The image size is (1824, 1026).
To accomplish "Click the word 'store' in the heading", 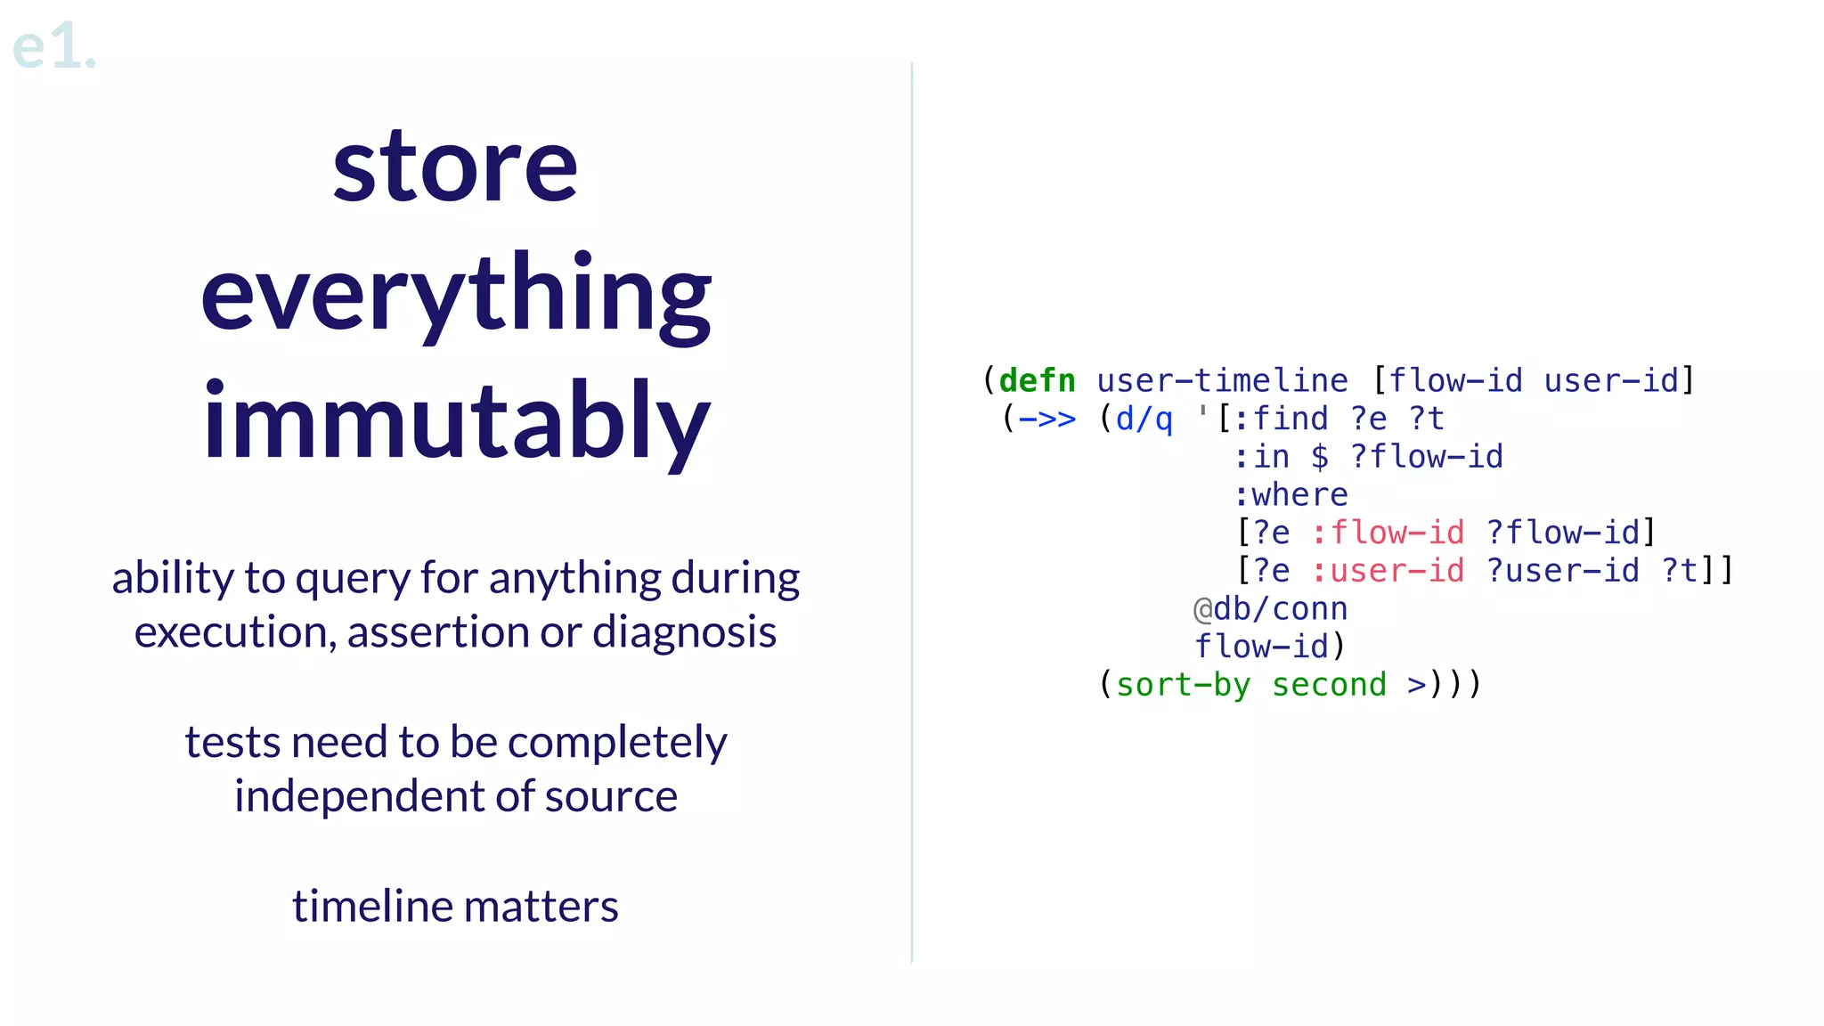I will (x=455, y=167).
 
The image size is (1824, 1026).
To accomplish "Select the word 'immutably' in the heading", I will (x=455, y=421).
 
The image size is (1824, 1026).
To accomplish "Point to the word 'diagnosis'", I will (x=684, y=632).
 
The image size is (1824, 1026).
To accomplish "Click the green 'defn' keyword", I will (x=1037, y=381).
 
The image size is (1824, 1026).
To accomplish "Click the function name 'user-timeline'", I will (x=1222, y=381).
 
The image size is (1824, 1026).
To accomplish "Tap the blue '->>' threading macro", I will (x=1046, y=419).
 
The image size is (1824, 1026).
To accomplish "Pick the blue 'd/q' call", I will (x=1144, y=419).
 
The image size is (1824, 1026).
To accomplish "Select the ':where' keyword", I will (x=1291, y=495).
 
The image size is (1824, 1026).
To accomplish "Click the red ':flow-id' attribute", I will (x=1388, y=533).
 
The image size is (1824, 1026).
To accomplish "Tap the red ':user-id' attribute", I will (x=1388, y=571).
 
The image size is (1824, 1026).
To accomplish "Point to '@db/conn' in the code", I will (x=1270, y=609).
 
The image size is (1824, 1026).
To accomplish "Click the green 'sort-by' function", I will (x=1183, y=685).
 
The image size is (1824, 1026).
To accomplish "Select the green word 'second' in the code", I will (x=1329, y=685).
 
